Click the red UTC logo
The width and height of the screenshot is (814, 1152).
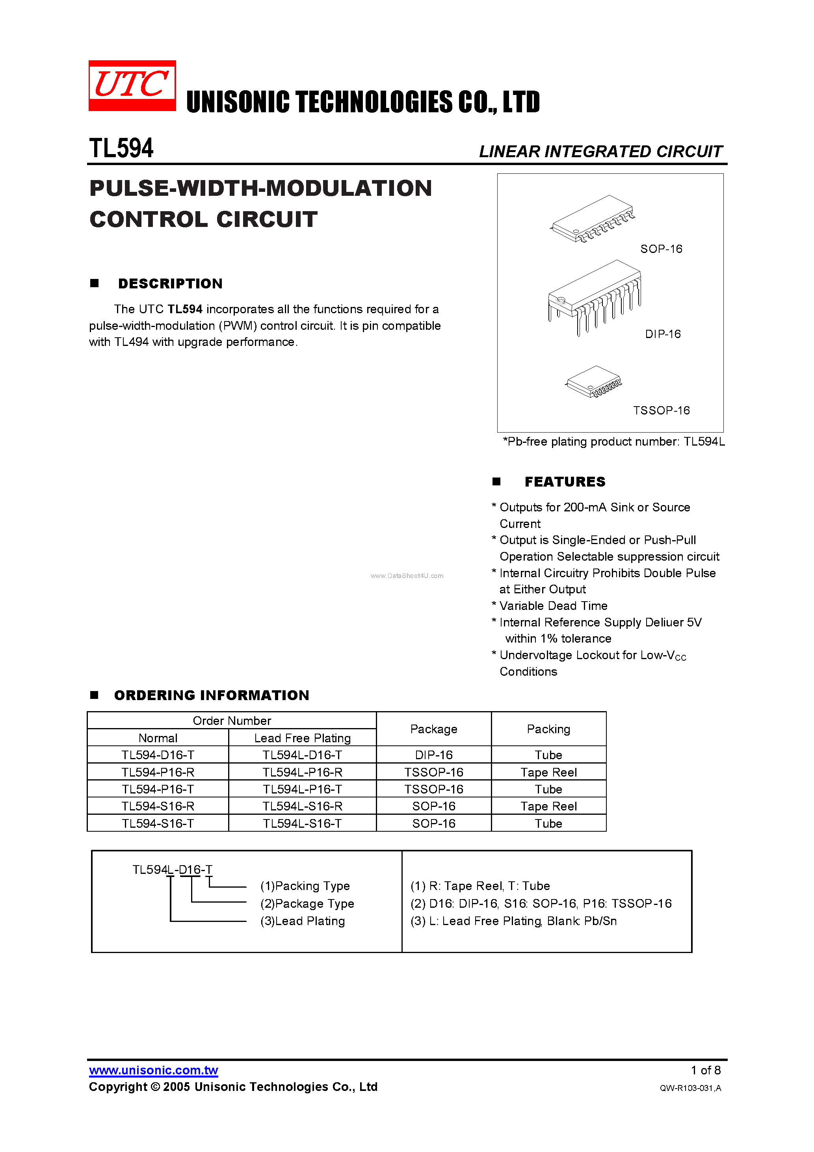132,85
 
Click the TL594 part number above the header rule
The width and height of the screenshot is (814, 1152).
121,148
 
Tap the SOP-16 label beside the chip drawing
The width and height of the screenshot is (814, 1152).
661,249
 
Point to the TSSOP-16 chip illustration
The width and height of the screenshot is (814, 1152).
594,382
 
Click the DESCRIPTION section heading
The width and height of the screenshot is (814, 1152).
170,284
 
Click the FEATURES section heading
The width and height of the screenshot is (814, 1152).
565,482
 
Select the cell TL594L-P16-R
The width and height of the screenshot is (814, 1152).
302,772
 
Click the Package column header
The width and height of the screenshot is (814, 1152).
434,729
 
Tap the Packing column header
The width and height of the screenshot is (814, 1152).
548,729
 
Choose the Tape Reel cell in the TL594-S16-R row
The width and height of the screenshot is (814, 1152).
548,806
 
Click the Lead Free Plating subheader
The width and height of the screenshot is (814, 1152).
302,738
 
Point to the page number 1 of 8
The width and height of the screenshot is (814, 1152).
705,1070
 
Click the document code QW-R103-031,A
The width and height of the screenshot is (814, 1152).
690,1088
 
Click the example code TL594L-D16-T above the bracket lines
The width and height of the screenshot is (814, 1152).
172,870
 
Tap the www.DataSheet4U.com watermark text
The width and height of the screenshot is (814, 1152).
407,576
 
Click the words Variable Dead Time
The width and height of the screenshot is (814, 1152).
553,606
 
